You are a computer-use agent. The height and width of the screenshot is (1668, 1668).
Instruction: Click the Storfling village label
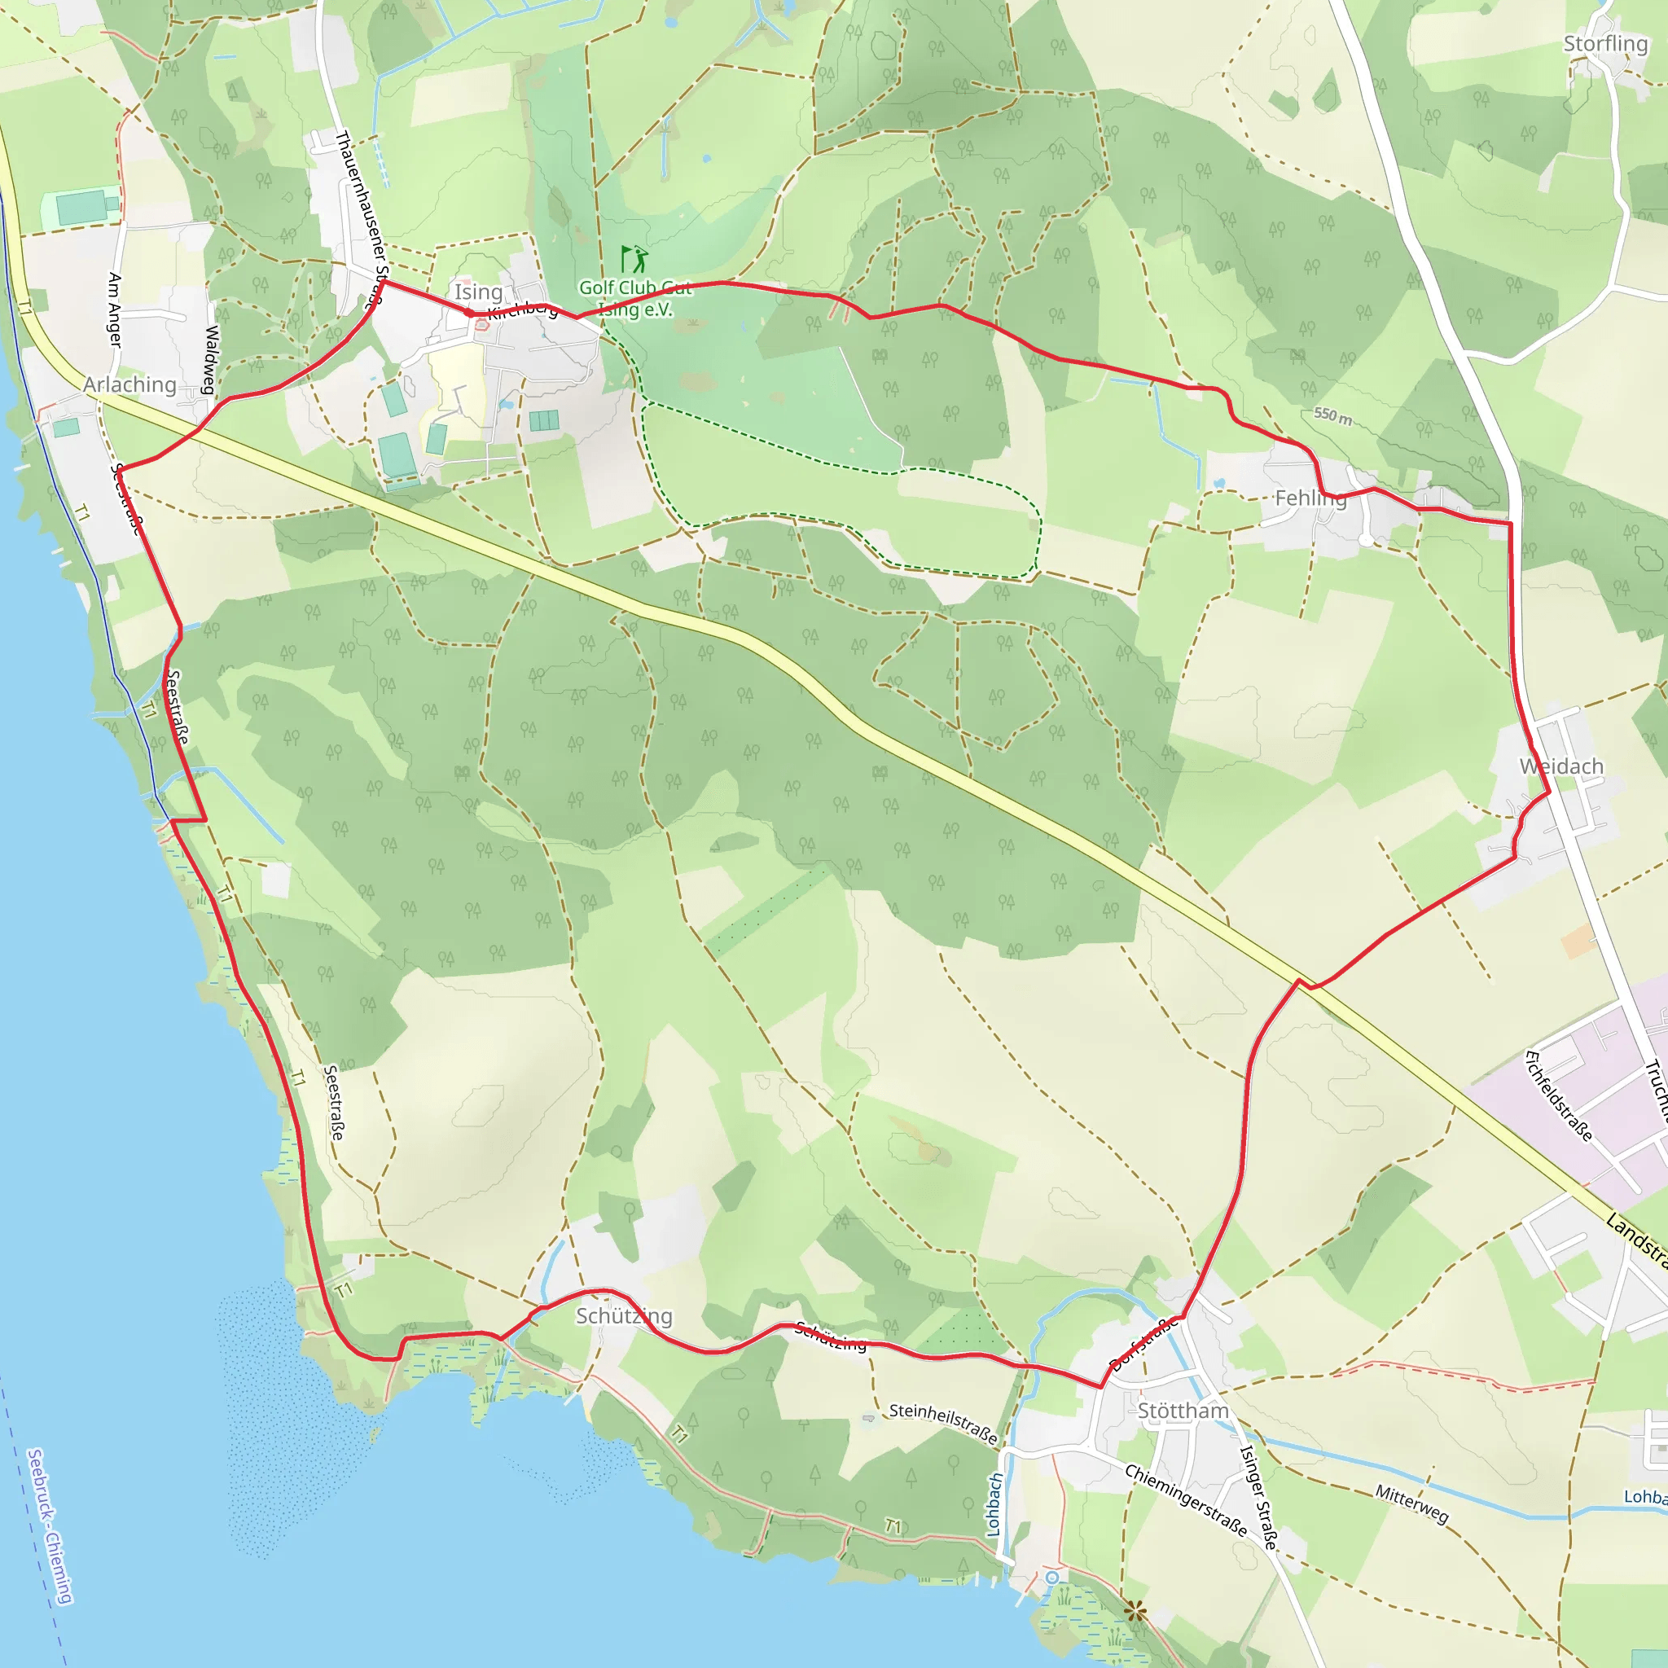click(x=1605, y=43)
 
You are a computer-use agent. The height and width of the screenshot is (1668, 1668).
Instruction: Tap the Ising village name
click(x=478, y=292)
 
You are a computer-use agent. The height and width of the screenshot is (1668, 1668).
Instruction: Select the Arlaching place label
click(x=130, y=384)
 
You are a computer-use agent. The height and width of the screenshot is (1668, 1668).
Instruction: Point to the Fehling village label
click(x=1310, y=498)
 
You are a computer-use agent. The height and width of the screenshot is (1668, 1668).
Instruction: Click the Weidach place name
click(x=1561, y=766)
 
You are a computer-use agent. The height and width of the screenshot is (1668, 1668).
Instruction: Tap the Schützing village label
click(x=623, y=1316)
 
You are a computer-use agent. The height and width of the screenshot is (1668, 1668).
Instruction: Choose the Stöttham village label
click(x=1183, y=1411)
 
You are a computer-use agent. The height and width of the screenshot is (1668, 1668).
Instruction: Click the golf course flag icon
click(x=634, y=258)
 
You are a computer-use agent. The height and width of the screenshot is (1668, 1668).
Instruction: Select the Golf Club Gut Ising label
click(x=635, y=298)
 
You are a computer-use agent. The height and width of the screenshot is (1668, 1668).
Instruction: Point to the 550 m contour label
click(x=1333, y=416)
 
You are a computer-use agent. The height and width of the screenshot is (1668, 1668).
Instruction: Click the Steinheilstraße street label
click(x=943, y=1424)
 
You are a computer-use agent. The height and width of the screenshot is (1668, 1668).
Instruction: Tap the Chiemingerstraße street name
click(x=1185, y=1499)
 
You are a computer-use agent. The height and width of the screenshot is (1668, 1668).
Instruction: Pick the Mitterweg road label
click(x=1411, y=1504)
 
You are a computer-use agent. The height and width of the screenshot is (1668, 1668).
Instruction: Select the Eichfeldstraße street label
click(x=1558, y=1095)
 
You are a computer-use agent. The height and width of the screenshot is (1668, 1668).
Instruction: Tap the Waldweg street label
click(x=211, y=359)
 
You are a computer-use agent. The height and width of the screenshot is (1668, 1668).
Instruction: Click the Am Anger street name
click(x=115, y=310)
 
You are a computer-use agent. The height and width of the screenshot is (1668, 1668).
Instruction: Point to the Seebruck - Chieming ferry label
click(x=50, y=1526)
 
